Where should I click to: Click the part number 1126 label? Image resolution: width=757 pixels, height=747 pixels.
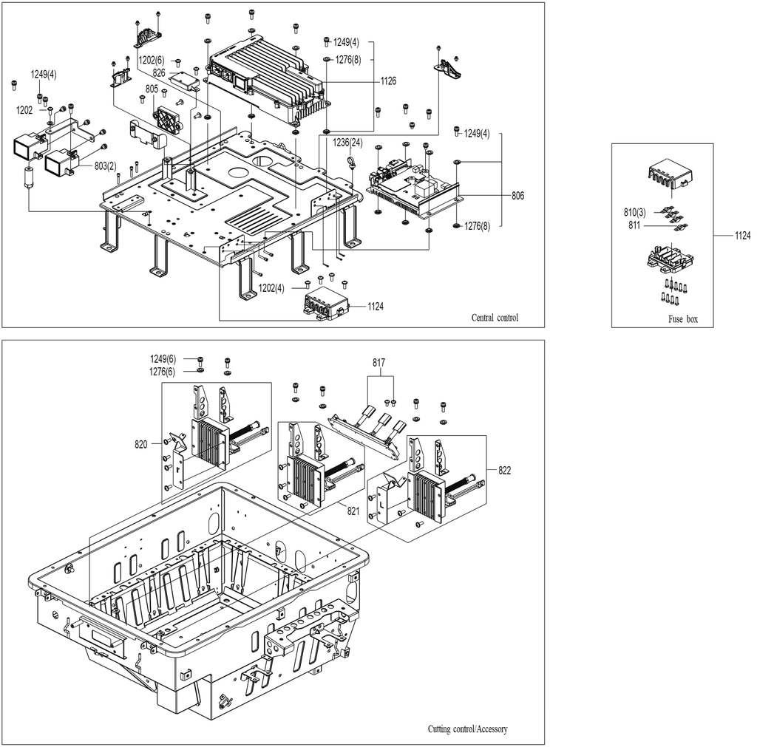pyautogui.click(x=388, y=81)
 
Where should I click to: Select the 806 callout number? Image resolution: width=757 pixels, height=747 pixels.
pyautogui.click(x=518, y=196)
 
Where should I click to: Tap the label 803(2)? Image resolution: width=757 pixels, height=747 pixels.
pyautogui.click(x=105, y=166)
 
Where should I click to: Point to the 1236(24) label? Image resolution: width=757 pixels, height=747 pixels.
pyautogui.click(x=347, y=143)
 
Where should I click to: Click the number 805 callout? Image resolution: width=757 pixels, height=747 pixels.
pyautogui.click(x=152, y=89)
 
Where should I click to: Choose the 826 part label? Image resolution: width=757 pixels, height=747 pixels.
pyautogui.click(x=159, y=73)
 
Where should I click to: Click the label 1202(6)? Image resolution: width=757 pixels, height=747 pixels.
pyautogui.click(x=152, y=61)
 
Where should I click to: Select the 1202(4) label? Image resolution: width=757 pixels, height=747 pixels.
pyautogui.click(x=271, y=288)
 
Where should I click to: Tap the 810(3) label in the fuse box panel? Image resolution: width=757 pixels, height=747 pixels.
pyautogui.click(x=634, y=212)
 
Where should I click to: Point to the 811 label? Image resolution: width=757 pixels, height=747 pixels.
pyautogui.click(x=634, y=225)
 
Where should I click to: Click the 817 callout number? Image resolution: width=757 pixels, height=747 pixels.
pyautogui.click(x=379, y=362)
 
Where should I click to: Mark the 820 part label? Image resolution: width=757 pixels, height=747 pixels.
pyautogui.click(x=141, y=444)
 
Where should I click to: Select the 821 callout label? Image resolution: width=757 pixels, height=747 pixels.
pyautogui.click(x=353, y=511)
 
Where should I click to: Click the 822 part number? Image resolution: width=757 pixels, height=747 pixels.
pyautogui.click(x=504, y=471)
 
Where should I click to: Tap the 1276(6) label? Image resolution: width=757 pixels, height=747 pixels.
pyautogui.click(x=163, y=372)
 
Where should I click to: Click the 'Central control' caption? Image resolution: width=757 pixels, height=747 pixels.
pyautogui.click(x=495, y=318)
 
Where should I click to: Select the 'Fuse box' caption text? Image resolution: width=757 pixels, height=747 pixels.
pyautogui.click(x=683, y=319)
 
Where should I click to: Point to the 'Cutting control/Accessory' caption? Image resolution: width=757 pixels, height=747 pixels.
pyautogui.click(x=468, y=729)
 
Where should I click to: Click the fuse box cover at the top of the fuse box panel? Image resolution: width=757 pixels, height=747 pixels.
pyautogui.click(x=669, y=174)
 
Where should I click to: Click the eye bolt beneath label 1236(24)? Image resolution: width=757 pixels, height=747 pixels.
pyautogui.click(x=351, y=160)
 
